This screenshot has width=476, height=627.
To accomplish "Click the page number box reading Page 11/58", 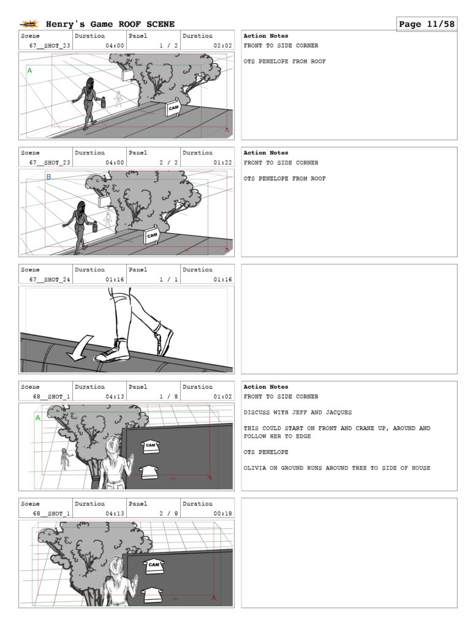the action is [x=427, y=24].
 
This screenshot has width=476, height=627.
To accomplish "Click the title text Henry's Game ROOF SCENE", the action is [x=110, y=24].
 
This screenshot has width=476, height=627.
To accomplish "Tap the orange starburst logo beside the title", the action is [x=29, y=24].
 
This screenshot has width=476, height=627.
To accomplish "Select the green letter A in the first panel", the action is [x=29, y=71].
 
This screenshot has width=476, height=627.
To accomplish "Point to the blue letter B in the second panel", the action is [x=48, y=177].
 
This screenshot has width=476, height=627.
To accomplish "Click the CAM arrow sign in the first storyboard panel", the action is [x=173, y=108].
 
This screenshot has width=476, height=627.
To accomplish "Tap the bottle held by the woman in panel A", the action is [x=104, y=102].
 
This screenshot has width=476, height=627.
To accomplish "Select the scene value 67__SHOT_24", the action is [x=50, y=279].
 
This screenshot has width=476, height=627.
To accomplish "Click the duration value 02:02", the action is [x=223, y=45].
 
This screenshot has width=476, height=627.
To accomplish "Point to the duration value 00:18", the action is [x=223, y=514].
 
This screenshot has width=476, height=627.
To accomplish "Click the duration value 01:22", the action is [x=223, y=163].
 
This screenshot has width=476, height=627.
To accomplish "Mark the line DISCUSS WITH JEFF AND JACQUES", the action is [x=298, y=412].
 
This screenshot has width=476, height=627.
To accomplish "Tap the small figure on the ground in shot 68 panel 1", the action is [x=65, y=459].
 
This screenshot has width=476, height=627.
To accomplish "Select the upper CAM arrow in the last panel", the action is [x=154, y=566].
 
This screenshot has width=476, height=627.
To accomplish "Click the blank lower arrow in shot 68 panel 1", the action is [x=149, y=472].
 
